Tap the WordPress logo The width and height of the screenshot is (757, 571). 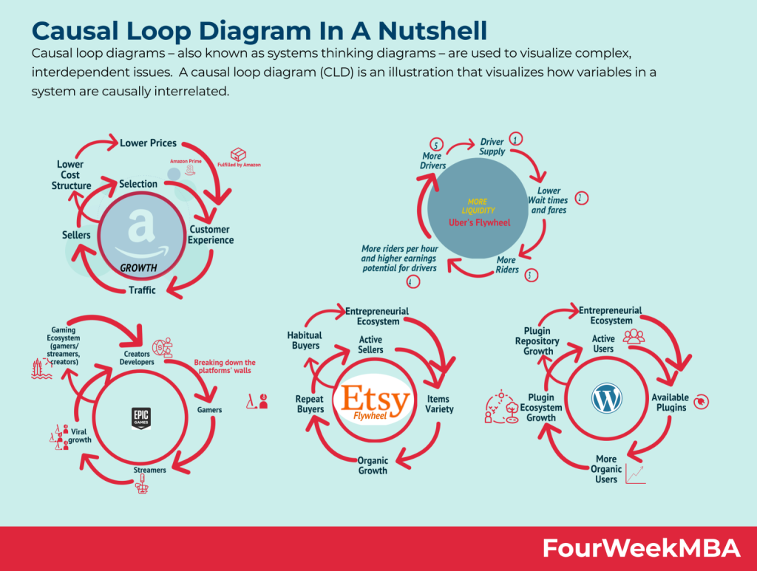pyautogui.click(x=603, y=400)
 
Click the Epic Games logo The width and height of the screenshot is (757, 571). pyautogui.click(x=140, y=418)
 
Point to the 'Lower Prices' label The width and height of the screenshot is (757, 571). pyautogui.click(x=148, y=143)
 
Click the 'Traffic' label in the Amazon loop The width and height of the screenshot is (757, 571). pyautogui.click(x=142, y=290)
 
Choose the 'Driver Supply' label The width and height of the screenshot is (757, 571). pyautogui.click(x=492, y=146)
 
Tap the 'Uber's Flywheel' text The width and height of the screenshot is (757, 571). pyautogui.click(x=479, y=222)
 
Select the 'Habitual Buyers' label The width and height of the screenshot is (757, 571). pyautogui.click(x=305, y=341)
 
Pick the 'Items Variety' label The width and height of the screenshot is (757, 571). pyautogui.click(x=439, y=404)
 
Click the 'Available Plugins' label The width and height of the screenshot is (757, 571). pyautogui.click(x=669, y=403)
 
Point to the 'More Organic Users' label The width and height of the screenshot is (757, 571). pyautogui.click(x=606, y=469)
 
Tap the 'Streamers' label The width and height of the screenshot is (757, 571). pyautogui.click(x=150, y=470)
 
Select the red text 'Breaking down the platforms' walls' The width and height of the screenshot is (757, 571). pyautogui.click(x=225, y=367)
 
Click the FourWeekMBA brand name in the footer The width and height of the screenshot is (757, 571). pyautogui.click(x=641, y=548)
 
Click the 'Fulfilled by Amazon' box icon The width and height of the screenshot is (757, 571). pyautogui.click(x=238, y=154)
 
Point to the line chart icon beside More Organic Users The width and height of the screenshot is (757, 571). pyautogui.click(x=635, y=474)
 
